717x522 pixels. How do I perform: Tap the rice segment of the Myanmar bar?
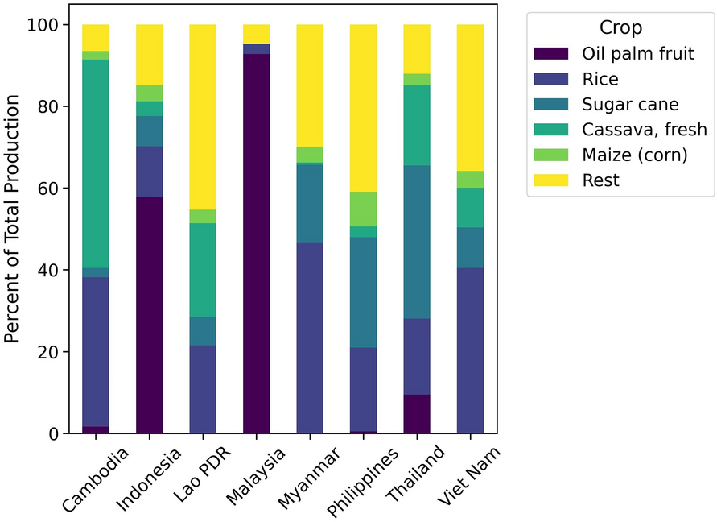point(310,338)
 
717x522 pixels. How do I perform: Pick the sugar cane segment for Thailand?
point(417,242)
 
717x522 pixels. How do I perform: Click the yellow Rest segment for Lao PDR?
point(203,117)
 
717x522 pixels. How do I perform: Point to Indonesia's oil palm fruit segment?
point(149,315)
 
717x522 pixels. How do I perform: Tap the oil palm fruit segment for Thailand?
point(417,414)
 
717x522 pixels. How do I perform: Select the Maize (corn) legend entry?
point(634,155)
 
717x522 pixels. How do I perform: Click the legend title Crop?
point(620,27)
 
